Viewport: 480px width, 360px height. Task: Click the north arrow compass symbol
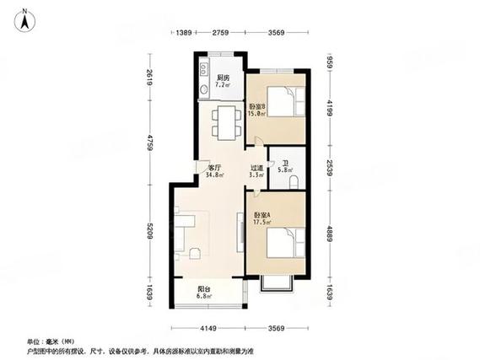click(x=26, y=19)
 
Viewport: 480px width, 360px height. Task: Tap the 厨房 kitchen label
click(x=223, y=82)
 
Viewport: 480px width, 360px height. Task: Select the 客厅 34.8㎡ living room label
click(x=214, y=171)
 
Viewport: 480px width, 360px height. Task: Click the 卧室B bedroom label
click(x=257, y=110)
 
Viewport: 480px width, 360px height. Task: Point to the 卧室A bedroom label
click(x=262, y=219)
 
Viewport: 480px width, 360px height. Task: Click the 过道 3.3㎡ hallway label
click(x=256, y=171)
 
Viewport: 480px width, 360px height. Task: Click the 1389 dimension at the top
click(x=186, y=32)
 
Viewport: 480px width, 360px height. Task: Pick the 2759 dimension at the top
click(x=221, y=32)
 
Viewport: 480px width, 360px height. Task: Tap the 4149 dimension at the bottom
click(x=209, y=329)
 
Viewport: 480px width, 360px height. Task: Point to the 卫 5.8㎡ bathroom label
click(x=287, y=168)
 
